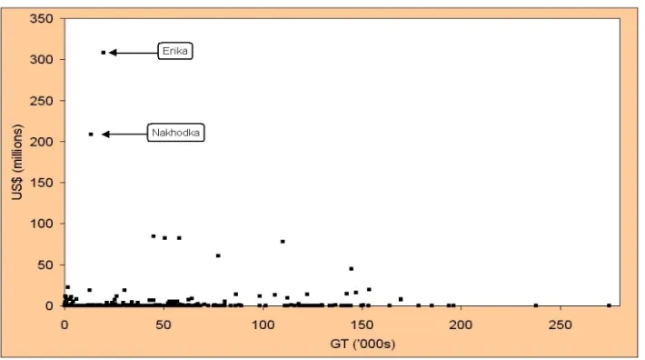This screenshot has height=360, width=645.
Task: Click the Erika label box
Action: pyautogui.click(x=175, y=51)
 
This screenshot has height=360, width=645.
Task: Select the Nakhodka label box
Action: pyautogui.click(x=175, y=133)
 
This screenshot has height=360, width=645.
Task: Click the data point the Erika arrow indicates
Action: pyautogui.click(x=104, y=53)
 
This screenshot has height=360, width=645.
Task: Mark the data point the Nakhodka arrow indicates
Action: pyautogui.click(x=91, y=135)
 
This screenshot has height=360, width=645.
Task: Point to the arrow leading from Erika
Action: pyautogui.click(x=134, y=53)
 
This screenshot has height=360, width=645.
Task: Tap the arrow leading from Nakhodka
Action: pyautogui.click(x=124, y=135)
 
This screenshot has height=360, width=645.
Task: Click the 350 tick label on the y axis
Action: pyautogui.click(x=42, y=18)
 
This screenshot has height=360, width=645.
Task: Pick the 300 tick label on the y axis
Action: pyautogui.click(x=42, y=59)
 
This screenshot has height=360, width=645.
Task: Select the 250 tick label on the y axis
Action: pyautogui.click(x=42, y=100)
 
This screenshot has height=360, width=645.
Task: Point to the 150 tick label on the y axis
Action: pyautogui.click(x=42, y=183)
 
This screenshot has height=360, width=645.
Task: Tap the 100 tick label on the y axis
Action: pyautogui.click(x=42, y=224)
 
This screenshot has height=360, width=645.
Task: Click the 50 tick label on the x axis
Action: pyautogui.click(x=164, y=325)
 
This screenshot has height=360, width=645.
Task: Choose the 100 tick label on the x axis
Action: pyautogui.click(x=263, y=325)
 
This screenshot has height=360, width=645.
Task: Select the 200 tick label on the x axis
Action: pyautogui.click(x=461, y=325)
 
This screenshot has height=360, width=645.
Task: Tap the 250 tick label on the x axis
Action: pyautogui.click(x=561, y=325)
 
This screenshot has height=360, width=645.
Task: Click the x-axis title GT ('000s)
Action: pyautogui.click(x=362, y=344)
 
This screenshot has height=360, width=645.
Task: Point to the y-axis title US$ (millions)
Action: pyautogui.click(x=17, y=162)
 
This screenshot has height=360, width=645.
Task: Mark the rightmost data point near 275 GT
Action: pyautogui.click(x=610, y=305)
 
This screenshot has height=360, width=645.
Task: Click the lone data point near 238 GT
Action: pyautogui.click(x=536, y=305)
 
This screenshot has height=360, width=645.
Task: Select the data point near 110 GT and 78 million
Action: pyautogui.click(x=283, y=242)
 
